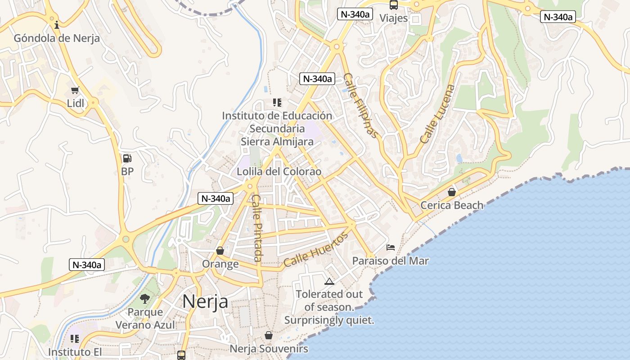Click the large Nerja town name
click(x=205, y=301)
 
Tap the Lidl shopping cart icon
click(x=75, y=90)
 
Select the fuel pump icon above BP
click(x=127, y=158)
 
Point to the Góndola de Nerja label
click(x=57, y=38)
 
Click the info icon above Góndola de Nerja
click(x=57, y=24)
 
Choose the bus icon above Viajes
click(x=394, y=5)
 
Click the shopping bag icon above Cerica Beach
click(x=452, y=192)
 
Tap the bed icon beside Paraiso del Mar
click(x=391, y=247)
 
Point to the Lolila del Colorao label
click(x=279, y=171)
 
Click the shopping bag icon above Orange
click(x=220, y=251)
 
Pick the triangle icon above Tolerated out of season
click(x=329, y=282)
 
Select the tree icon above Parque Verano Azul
click(x=145, y=298)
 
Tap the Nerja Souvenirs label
click(x=269, y=349)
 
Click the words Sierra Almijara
click(x=277, y=141)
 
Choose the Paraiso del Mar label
click(x=390, y=261)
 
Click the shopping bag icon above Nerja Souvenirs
click(x=269, y=335)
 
